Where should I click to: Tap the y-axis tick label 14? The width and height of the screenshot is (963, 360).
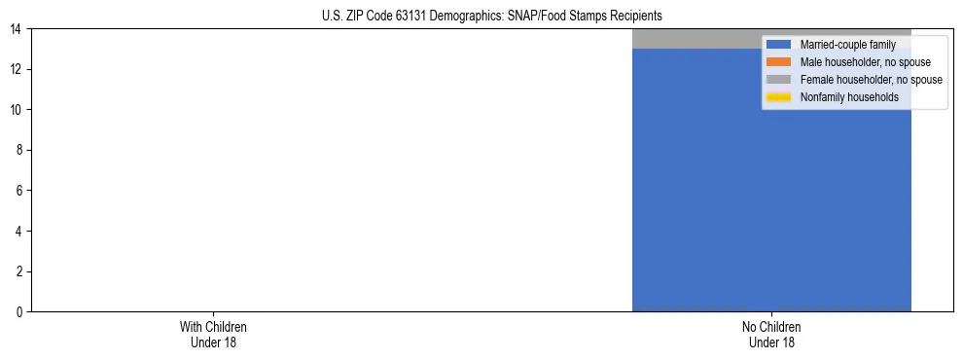pyautogui.click(x=16, y=29)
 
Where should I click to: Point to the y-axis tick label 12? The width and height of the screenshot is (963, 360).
pyautogui.click(x=16, y=69)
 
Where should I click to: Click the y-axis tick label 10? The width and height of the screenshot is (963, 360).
pyautogui.click(x=16, y=110)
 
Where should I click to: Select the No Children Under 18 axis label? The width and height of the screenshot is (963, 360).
pyautogui.click(x=771, y=334)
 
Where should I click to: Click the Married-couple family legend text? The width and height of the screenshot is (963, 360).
pyautogui.click(x=847, y=45)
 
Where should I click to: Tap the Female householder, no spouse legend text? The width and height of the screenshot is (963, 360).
pyautogui.click(x=871, y=80)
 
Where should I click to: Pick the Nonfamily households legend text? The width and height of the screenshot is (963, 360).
pyautogui.click(x=849, y=97)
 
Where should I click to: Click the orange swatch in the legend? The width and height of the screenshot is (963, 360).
pyautogui.click(x=779, y=62)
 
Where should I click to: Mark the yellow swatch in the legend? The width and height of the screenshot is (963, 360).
pyautogui.click(x=779, y=97)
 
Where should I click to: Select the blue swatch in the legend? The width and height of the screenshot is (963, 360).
pyautogui.click(x=779, y=45)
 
